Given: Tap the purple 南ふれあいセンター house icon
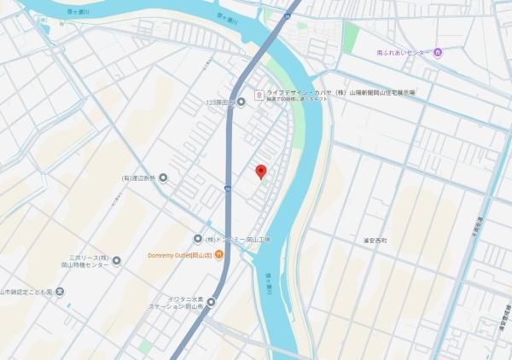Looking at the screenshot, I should pyautogui.click(x=438, y=53).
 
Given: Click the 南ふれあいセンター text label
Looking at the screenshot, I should pyautogui.click(x=404, y=53).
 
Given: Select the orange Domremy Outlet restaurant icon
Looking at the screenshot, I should pyautogui.click(x=219, y=254).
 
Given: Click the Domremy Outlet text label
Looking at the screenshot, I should pyautogui.click(x=179, y=254).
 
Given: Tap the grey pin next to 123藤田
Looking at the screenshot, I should pyautogui.click(x=241, y=102).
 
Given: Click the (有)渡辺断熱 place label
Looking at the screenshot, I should pyautogui.click(x=139, y=177).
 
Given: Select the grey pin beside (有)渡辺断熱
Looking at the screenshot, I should pyautogui.click(x=163, y=177).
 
